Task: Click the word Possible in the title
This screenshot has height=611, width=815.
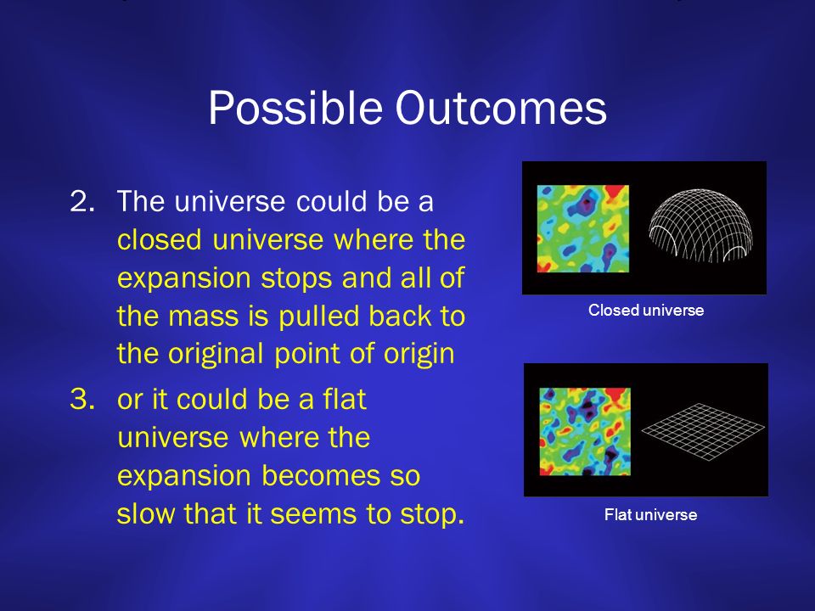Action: (x=295, y=108)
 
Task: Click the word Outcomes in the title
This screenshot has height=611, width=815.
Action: (x=501, y=108)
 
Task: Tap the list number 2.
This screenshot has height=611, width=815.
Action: (x=82, y=202)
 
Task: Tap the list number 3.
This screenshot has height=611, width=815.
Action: (x=82, y=400)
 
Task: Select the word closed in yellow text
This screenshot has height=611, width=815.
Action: (x=159, y=239)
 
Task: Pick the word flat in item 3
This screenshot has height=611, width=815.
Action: (x=345, y=399)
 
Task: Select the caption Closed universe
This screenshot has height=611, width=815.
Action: (x=646, y=311)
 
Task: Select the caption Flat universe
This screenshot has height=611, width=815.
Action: (x=651, y=515)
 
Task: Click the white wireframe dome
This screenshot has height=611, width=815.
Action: (x=700, y=225)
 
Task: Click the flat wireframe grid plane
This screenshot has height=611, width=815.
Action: (x=703, y=431)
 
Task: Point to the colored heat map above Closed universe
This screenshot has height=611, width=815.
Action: (x=582, y=228)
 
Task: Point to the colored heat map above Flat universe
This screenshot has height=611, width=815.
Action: (x=585, y=431)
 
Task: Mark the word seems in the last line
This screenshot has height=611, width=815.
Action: (x=314, y=514)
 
